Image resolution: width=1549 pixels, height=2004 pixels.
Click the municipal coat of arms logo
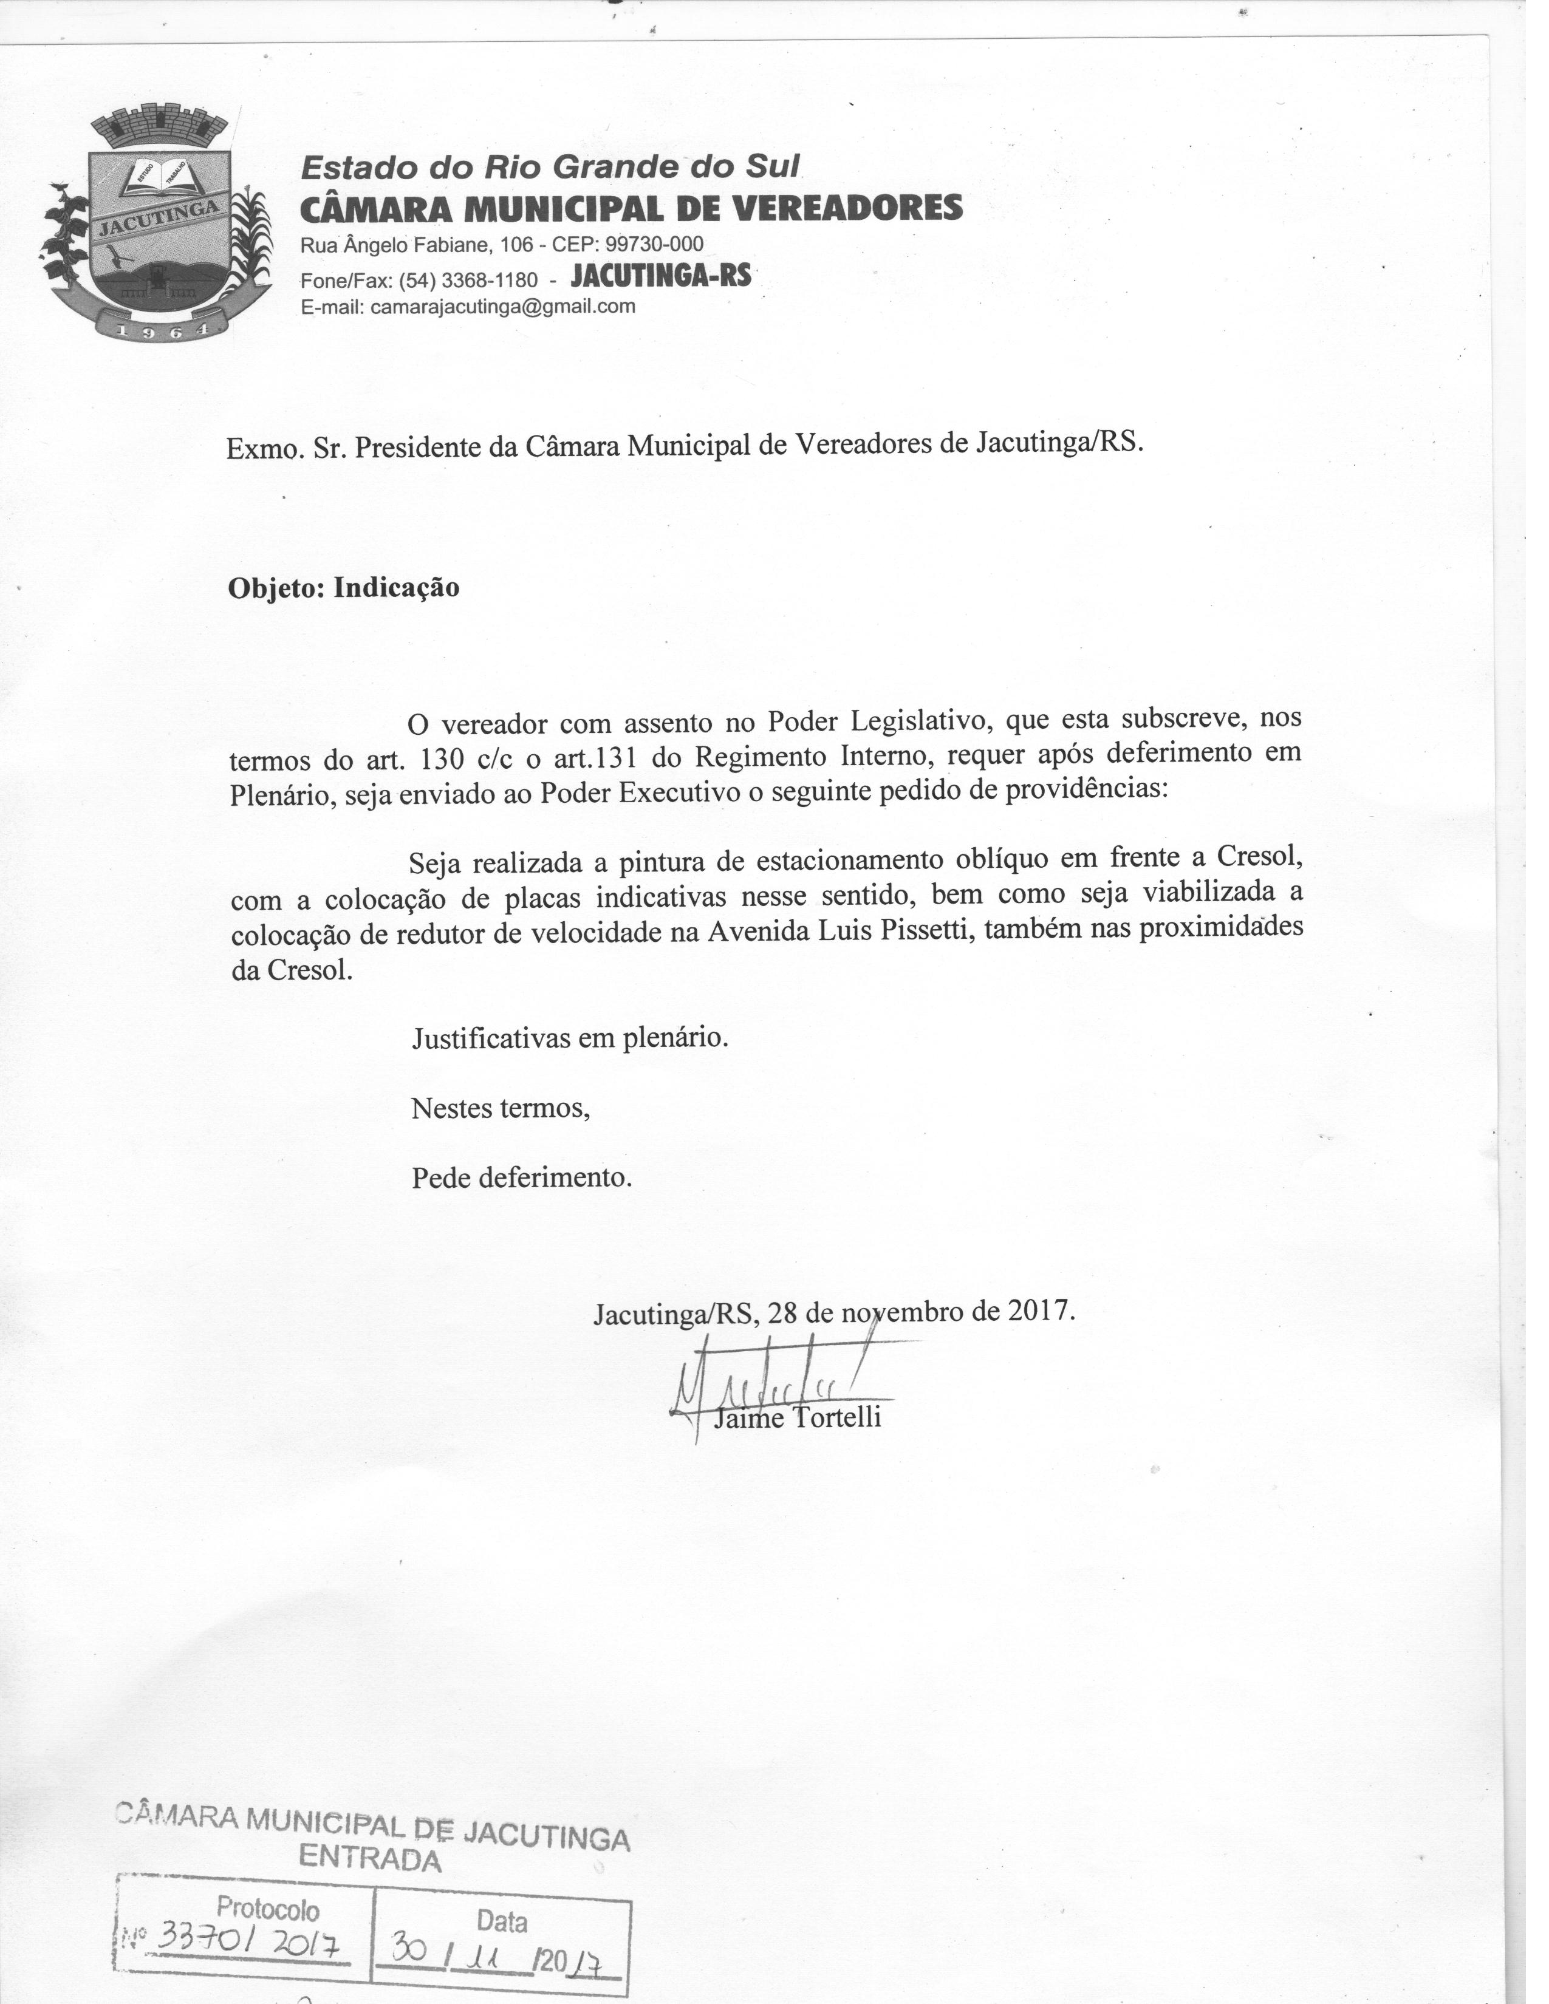pos(156,225)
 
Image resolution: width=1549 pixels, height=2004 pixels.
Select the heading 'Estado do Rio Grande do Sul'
pos(550,167)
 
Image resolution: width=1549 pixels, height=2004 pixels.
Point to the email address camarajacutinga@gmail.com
pos(502,307)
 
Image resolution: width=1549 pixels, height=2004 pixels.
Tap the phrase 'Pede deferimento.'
pos(521,1178)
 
